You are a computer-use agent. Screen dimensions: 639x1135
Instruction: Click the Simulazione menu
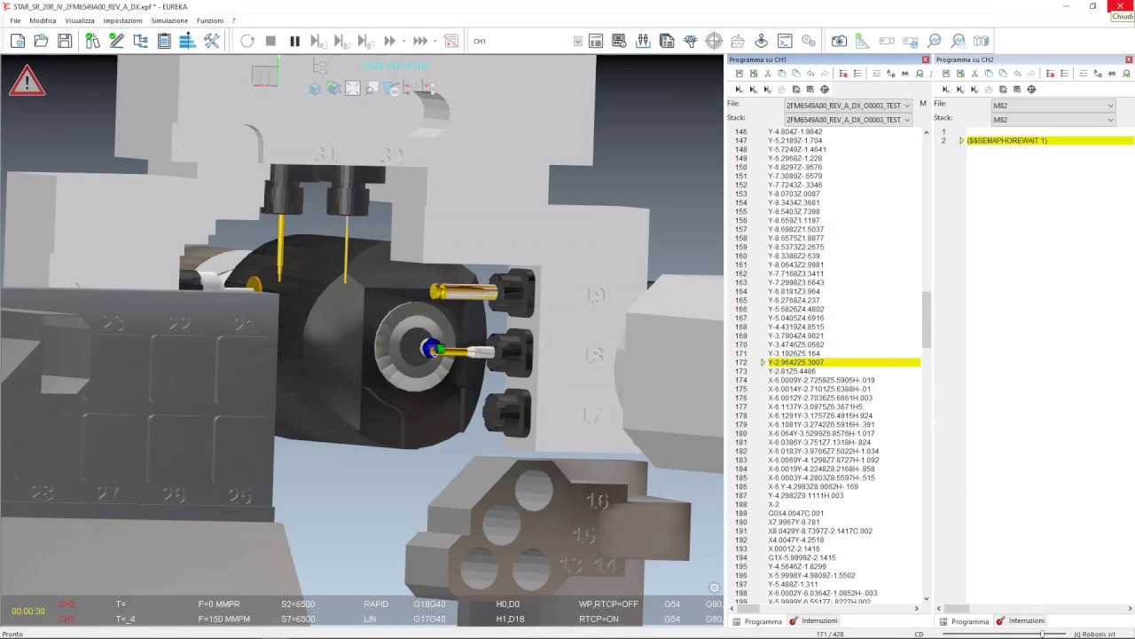click(x=169, y=20)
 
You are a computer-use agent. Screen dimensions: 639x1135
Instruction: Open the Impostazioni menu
click(x=122, y=20)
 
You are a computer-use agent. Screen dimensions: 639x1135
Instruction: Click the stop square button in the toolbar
click(x=270, y=41)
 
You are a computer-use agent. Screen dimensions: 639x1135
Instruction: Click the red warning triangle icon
click(x=27, y=82)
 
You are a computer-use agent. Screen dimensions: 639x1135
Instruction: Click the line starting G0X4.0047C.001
click(x=795, y=513)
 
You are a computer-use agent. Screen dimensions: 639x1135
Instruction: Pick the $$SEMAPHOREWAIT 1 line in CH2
click(x=1006, y=140)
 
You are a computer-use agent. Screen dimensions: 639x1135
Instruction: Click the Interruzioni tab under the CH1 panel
click(x=818, y=621)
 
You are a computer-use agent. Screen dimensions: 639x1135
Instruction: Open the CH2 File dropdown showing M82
click(x=1053, y=106)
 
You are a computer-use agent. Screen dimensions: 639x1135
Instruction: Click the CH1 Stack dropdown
click(x=848, y=120)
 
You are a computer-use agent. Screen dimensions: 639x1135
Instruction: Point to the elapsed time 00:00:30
click(x=28, y=611)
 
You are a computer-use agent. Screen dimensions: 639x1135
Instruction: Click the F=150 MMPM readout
click(x=224, y=619)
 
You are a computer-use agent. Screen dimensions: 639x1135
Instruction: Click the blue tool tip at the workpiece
click(x=431, y=349)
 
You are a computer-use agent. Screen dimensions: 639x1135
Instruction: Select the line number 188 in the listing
click(x=740, y=504)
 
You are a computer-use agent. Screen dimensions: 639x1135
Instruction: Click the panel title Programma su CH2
click(x=964, y=59)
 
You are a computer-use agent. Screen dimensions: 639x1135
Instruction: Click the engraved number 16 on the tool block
click(x=597, y=501)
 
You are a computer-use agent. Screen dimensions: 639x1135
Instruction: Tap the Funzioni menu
click(x=210, y=20)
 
